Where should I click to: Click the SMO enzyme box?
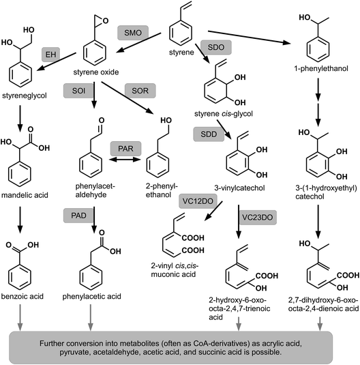pyautogui.click(x=130, y=33)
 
